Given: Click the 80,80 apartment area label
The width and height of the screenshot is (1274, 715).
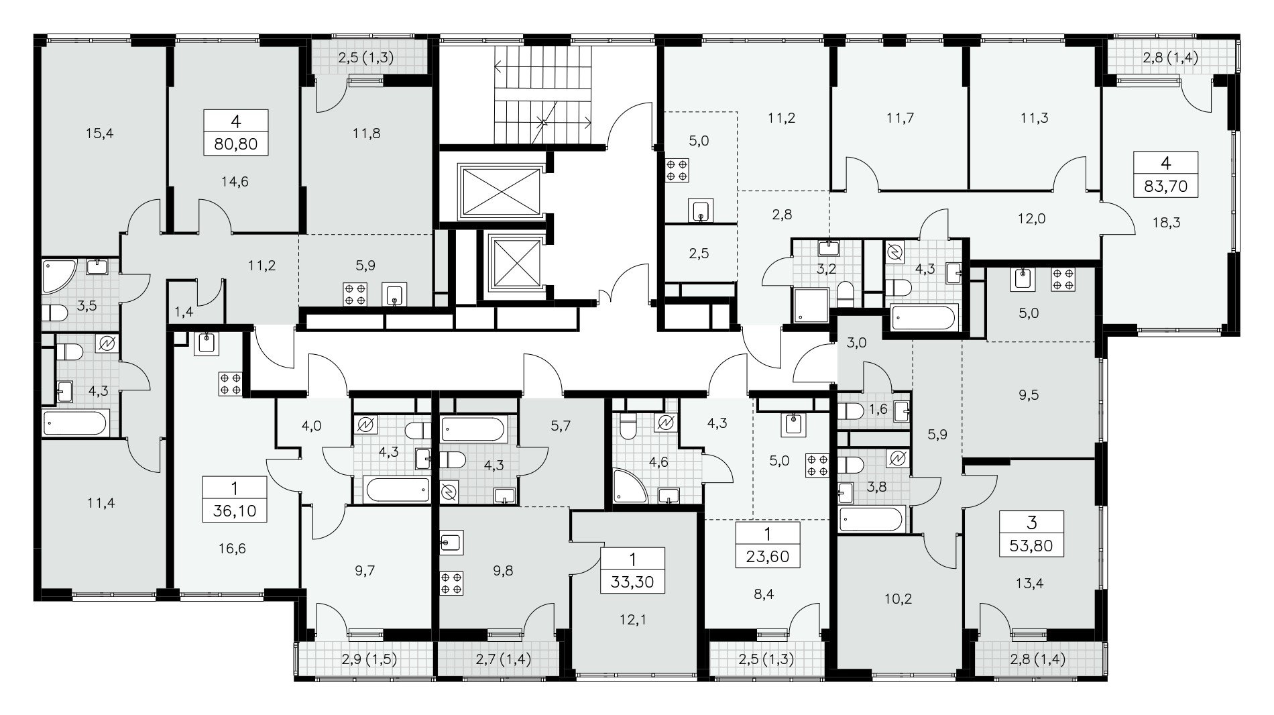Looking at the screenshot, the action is click(x=235, y=143).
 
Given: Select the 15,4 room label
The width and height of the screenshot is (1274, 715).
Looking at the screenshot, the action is click(x=100, y=133).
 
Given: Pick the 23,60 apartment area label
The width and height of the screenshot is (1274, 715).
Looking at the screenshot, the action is click(x=768, y=557).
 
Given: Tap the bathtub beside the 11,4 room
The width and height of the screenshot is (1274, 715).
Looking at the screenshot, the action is click(x=74, y=423).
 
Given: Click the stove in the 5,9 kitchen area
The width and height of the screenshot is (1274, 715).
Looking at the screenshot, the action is click(x=355, y=294).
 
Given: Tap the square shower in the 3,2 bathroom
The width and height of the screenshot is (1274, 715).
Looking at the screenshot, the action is click(x=810, y=306).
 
